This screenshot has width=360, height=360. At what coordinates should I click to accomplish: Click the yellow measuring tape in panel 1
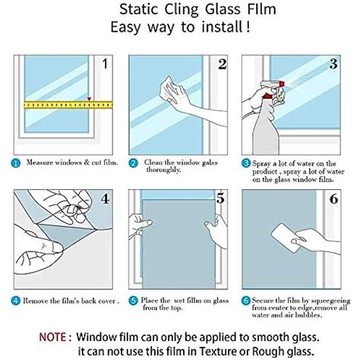pos(68,105)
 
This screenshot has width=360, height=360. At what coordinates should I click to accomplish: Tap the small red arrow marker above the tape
pos(89,99)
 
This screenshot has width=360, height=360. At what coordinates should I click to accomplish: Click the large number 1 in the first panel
pos(105,63)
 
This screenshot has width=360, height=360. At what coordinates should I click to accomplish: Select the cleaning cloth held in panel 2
pos(168,90)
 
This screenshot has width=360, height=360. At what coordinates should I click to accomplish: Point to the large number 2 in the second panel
pos(223,64)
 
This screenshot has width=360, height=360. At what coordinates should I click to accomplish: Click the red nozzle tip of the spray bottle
pos(282,84)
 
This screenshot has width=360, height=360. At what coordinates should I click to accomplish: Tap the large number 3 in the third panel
pos(333,64)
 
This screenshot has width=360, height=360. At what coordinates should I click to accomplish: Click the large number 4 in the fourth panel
pos(106,199)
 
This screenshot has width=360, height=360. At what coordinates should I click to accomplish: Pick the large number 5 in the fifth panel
pos(220,198)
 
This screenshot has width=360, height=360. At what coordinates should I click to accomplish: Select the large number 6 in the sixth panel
pos(333,199)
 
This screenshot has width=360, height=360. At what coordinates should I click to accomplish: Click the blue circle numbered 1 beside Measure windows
pos(16,163)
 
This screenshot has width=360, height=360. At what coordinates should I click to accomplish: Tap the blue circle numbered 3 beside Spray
pos(245,163)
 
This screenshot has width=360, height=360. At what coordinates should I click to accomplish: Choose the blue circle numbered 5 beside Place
pos(133,301)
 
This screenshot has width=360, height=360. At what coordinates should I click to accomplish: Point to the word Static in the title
pos(139,10)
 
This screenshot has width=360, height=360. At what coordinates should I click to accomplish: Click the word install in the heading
pos(222,27)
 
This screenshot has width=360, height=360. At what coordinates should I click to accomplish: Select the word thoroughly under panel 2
pos(163,170)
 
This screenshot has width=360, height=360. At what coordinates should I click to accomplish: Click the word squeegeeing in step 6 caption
pos(330,301)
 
